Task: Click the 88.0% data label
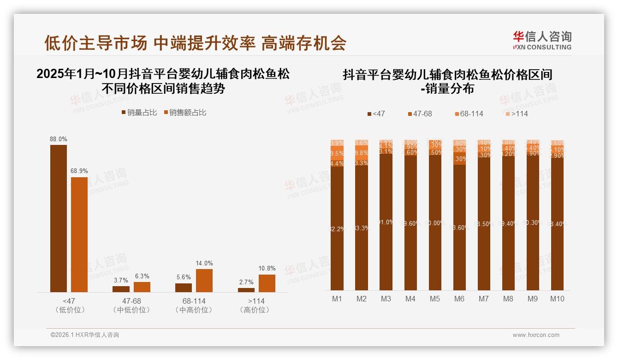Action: point(59,139)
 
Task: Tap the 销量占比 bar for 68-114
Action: point(184,288)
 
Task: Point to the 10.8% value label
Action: point(267,268)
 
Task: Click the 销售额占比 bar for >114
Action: point(267,283)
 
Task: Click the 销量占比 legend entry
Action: point(141,112)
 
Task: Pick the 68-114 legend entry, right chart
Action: point(468,114)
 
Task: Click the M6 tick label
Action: point(459,299)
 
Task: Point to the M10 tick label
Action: point(557,299)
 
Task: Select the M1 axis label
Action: point(337,299)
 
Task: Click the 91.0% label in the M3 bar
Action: point(386,222)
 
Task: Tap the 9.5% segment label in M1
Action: point(337,153)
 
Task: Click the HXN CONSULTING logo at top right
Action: point(542,40)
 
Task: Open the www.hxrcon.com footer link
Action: point(536,335)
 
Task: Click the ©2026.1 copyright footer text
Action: point(85,335)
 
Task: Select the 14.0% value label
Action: point(204,263)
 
